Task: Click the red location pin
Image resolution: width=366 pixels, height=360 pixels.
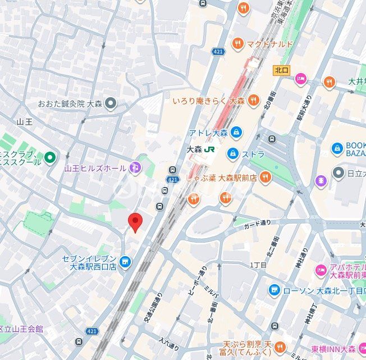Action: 134,222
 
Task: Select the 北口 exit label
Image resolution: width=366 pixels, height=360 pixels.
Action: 281,70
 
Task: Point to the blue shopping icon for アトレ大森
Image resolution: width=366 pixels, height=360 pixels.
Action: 237,133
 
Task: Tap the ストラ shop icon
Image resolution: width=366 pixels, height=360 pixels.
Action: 232,153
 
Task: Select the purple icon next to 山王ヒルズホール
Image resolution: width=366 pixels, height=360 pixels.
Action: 135,167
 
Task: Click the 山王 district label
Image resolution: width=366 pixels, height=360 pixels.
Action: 25,121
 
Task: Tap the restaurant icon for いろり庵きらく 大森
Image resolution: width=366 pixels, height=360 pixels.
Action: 254,101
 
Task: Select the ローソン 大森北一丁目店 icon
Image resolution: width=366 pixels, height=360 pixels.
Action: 274,290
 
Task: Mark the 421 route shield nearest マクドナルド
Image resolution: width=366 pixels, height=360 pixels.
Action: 218,52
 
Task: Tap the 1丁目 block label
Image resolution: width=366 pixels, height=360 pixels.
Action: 258,265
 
